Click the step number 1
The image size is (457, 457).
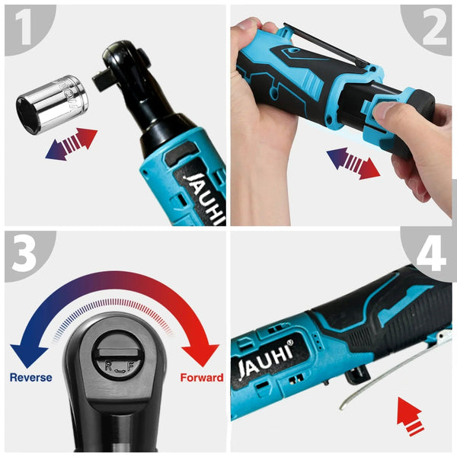point(22,29)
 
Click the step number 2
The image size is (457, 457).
point(433,29)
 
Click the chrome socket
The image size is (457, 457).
point(52,104)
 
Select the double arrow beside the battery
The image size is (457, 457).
point(353,163)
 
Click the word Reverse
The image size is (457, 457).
point(31,378)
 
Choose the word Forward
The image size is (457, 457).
point(201,378)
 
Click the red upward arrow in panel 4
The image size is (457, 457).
point(411,414)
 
